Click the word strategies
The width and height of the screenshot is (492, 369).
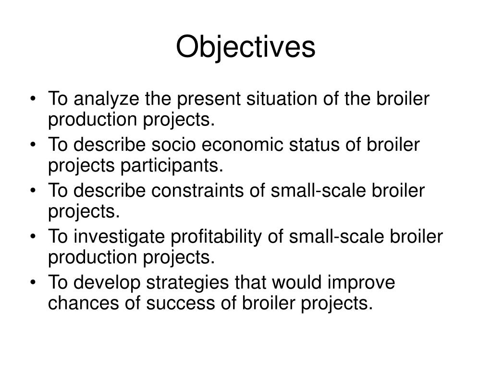[x=185, y=283]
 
